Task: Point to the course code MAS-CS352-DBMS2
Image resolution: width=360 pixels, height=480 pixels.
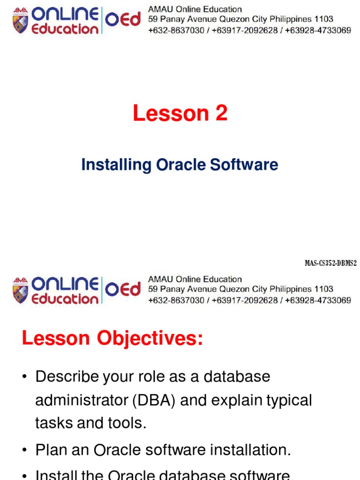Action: pyautogui.click(x=330, y=263)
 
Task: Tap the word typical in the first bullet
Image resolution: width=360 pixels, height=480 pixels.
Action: pyautogui.click(x=289, y=400)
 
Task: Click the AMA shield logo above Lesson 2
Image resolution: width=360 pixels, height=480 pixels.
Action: pyautogui.click(x=21, y=22)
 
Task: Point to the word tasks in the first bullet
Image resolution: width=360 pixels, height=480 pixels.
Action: pyautogui.click(x=53, y=423)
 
